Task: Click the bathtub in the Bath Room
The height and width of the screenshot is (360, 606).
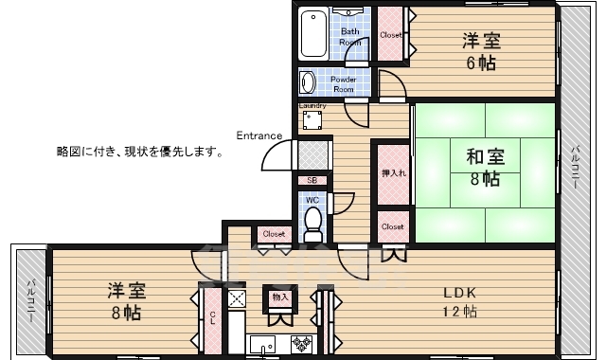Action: pos(313,36)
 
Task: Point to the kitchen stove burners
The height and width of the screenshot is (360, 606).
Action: pos(302,343)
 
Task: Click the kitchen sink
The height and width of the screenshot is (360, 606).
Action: pos(262,343)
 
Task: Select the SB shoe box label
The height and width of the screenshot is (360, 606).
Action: pos(312,180)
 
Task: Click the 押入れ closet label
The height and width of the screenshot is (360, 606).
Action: pos(392,173)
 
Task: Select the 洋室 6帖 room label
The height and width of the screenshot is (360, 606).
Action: pos(480,51)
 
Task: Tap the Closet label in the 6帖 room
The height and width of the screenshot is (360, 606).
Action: pos(391,35)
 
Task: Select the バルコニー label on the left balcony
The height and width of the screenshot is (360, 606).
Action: pos(30,301)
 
